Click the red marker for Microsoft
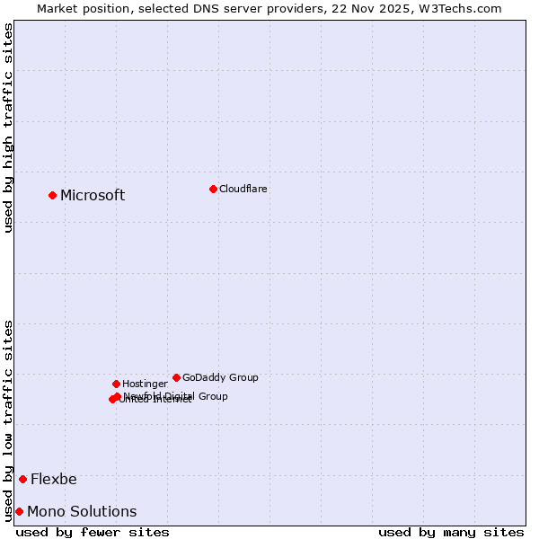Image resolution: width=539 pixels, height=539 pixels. [52, 195]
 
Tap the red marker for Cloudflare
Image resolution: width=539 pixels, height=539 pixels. [213, 189]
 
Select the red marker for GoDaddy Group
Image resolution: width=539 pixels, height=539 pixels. [176, 377]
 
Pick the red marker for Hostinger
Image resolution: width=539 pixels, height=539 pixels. [116, 384]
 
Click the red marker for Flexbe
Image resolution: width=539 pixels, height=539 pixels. [22, 479]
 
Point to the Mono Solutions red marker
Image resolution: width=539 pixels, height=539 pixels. [19, 511]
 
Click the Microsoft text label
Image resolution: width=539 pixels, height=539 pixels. [93, 195]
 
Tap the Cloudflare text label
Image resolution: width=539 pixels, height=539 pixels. [243, 189]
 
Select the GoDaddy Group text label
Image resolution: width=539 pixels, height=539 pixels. [220, 377]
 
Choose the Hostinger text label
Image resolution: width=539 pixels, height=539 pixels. [145, 384]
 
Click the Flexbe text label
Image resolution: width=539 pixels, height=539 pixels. [54, 479]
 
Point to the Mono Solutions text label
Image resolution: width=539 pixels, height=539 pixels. [82, 511]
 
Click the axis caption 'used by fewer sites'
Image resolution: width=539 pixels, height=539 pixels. [93, 532]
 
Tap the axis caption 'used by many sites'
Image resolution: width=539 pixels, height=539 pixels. [451, 532]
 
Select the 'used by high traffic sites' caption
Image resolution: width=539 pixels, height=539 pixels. [8, 128]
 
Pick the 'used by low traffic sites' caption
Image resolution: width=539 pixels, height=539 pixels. [8, 420]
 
